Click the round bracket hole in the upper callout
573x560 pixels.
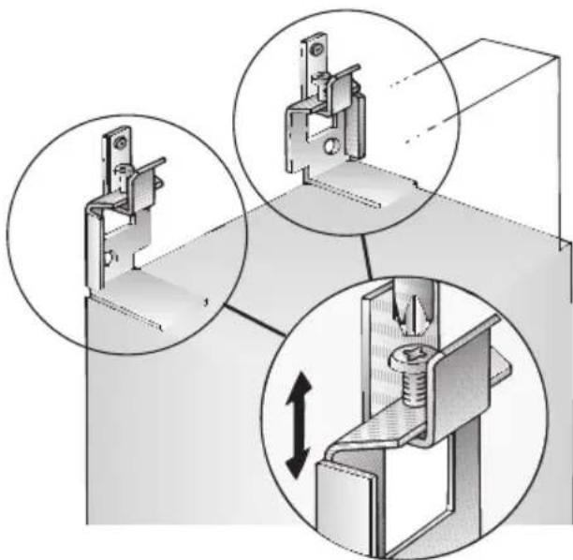point(329,147)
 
